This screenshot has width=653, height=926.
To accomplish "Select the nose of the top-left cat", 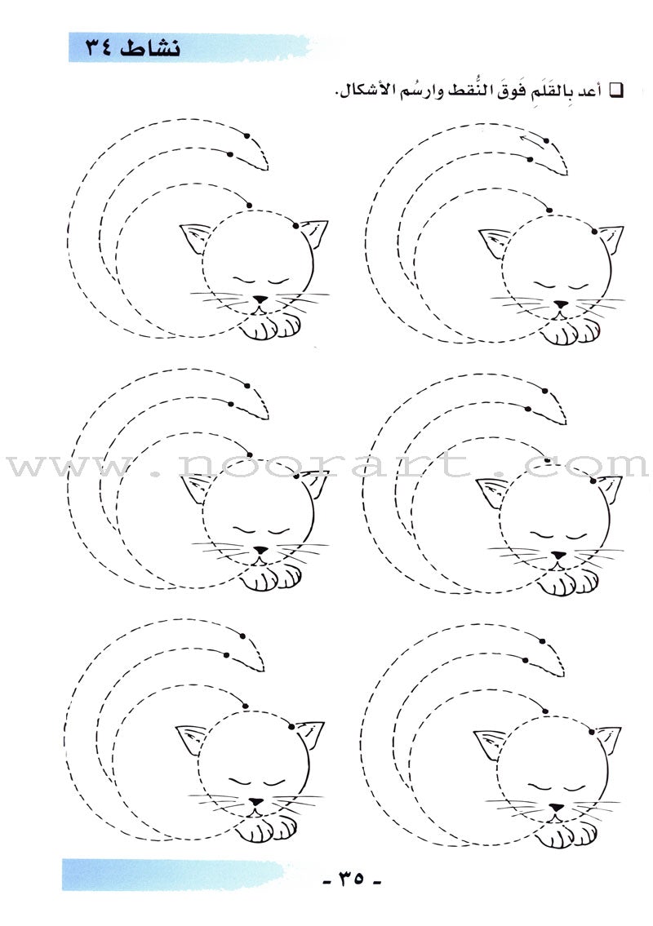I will tap(259, 300).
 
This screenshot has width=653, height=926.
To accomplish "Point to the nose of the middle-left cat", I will tap(259, 551).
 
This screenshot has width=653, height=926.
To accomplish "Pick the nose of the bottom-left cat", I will tap(256, 802).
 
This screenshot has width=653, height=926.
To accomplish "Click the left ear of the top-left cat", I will tap(193, 238).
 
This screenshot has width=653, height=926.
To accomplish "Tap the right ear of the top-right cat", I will tap(609, 237).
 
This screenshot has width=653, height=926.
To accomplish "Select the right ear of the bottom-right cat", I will tap(608, 739).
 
